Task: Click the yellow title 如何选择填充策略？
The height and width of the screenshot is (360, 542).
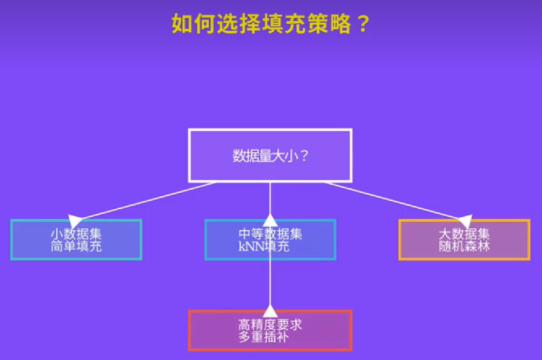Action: coord(270,24)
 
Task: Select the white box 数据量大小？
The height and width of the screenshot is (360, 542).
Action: coord(270,156)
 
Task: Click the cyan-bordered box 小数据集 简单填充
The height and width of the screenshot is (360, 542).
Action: coord(76,240)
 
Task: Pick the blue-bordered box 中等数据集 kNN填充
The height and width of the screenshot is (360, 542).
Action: coord(270,240)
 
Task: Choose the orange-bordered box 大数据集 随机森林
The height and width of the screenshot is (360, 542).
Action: coord(464,240)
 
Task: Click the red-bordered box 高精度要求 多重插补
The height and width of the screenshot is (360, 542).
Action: coord(270,330)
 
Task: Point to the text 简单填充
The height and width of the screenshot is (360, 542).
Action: coord(76,246)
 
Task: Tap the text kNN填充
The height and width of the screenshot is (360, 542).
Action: coord(264,246)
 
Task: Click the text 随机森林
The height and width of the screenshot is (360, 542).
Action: coord(464,246)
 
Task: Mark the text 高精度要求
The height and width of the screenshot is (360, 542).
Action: coord(270,324)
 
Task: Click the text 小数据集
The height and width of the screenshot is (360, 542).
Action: coord(76,234)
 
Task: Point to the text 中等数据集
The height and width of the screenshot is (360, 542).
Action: coord(270,234)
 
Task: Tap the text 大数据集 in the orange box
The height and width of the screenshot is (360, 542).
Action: coord(464,234)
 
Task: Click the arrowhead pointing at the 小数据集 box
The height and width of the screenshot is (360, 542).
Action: coord(75,220)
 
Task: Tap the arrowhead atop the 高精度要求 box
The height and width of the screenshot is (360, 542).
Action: coord(270,311)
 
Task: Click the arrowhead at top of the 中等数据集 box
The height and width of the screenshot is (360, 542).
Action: coord(270,220)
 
